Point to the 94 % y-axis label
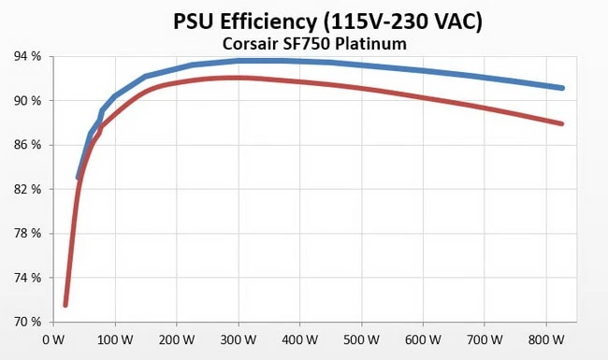pyautogui.click(x=26, y=56)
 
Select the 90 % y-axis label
pyautogui.click(x=26, y=100)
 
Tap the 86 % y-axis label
pyautogui.click(x=26, y=145)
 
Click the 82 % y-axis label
pyautogui.click(x=26, y=189)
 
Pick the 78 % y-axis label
pyautogui.click(x=26, y=234)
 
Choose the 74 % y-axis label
pyautogui.click(x=26, y=278)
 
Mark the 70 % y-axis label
pyautogui.click(x=26, y=322)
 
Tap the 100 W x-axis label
pyautogui.click(x=114, y=339)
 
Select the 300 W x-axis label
pyautogui.click(x=238, y=339)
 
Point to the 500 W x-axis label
pyautogui.click(x=361, y=339)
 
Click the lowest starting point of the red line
pyautogui.click(x=65, y=304)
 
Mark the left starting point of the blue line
pyautogui.click(x=78, y=177)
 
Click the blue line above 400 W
pyautogui.click(x=299, y=61)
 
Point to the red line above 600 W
pyautogui.click(x=423, y=97)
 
